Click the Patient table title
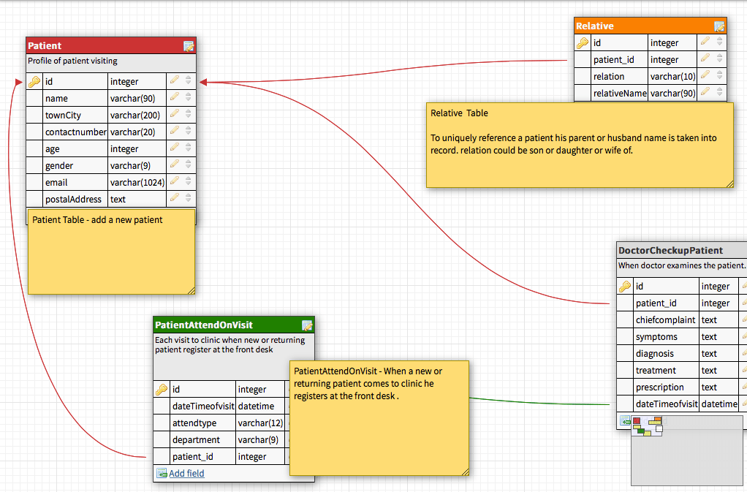[45, 46]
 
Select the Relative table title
[595, 26]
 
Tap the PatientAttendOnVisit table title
[204, 325]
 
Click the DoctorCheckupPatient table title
[670, 251]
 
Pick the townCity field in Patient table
[64, 116]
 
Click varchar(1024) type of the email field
[137, 183]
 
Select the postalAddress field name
[73, 200]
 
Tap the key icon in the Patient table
[34, 82]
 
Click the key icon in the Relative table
[583, 43]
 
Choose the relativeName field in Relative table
[619, 94]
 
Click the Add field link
[186, 474]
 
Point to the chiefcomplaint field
[665, 320]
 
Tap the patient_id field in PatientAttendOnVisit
[194, 457]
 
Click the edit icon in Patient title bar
[189, 46]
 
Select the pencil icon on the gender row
[175, 166]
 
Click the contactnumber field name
[76, 132]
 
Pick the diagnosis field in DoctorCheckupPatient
[655, 354]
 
